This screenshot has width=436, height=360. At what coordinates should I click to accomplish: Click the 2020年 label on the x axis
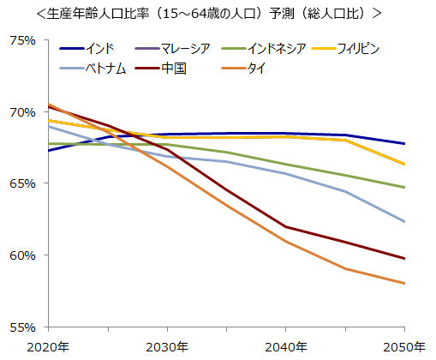click(49, 346)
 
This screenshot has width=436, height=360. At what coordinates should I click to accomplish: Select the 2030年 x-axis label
click(168, 346)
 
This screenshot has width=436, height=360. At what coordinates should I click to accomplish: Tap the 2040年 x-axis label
click(286, 346)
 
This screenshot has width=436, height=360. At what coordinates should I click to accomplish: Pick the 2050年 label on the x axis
click(404, 346)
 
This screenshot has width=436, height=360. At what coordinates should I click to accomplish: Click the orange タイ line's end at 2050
click(404, 284)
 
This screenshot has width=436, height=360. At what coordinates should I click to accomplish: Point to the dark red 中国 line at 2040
click(286, 227)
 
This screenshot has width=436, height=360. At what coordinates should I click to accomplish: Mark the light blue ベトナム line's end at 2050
click(404, 222)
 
